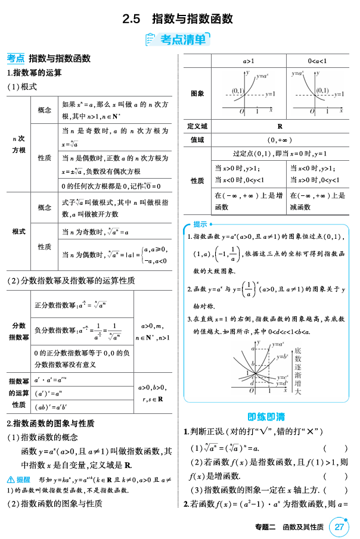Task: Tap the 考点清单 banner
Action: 179,40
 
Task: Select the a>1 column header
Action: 249,61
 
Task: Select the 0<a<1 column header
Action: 317,61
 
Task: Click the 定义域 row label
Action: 197,126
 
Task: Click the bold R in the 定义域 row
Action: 280,126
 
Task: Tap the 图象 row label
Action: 197,94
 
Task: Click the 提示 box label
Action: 200,224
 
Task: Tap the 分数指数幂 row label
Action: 18,331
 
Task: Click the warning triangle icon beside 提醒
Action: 10,479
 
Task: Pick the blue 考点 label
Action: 15,58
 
